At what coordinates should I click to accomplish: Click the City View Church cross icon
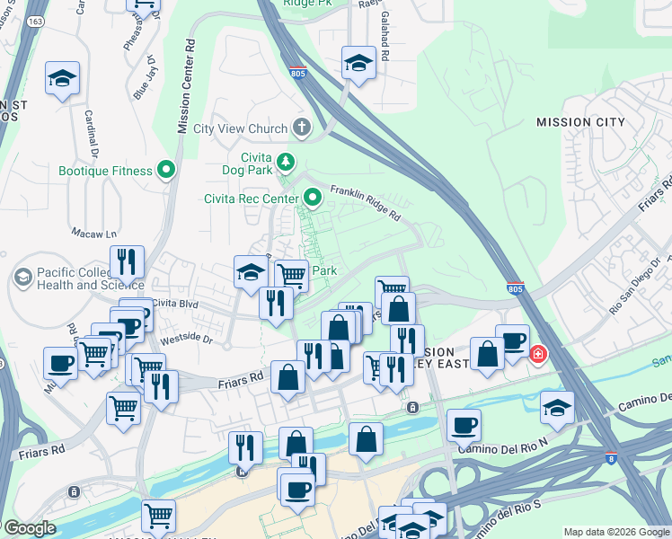301,128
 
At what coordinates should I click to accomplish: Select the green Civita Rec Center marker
313,197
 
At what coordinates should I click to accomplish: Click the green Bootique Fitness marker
165,170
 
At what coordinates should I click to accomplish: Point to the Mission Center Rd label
184,86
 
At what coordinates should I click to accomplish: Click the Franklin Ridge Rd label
365,203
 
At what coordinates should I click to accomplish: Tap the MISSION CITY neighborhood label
580,122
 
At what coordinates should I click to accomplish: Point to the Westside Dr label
186,340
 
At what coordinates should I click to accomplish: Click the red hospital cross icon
538,355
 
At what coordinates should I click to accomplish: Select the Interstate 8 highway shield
611,458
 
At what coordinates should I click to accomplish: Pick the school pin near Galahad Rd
358,64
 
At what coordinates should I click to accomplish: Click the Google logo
30,528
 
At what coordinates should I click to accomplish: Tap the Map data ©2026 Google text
616,532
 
